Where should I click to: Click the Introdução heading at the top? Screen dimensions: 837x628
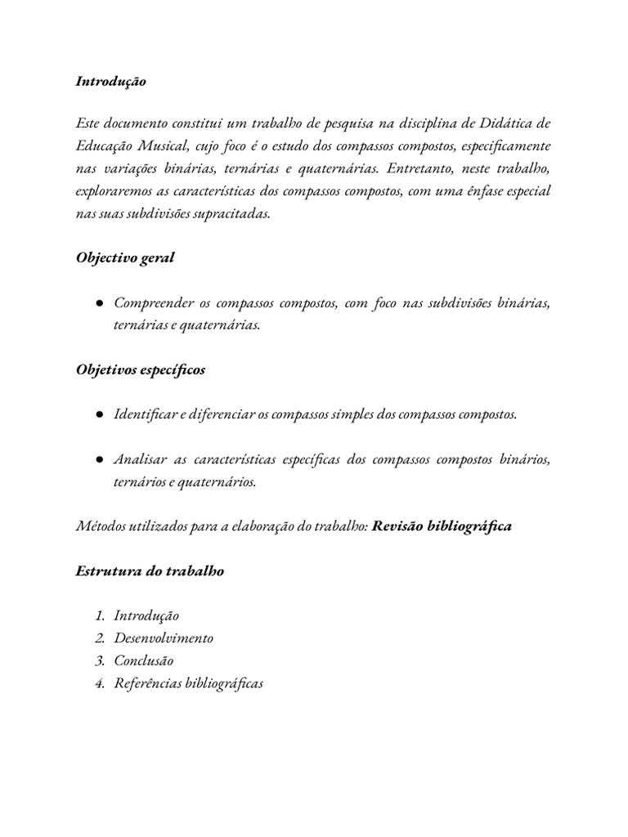[110, 82]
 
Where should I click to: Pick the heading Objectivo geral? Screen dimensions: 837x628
[125, 258]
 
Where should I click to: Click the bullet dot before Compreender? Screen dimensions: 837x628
[98, 303]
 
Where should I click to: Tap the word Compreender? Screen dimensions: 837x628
[152, 303]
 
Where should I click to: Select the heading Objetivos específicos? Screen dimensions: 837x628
[141, 370]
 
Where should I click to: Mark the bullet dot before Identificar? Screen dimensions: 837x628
[98, 414]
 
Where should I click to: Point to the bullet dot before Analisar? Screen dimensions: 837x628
[98, 459]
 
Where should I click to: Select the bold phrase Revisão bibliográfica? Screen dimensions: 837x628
[442, 526]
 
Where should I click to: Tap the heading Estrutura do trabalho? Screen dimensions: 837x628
[150, 571]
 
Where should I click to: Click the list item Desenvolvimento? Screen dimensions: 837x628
[164, 638]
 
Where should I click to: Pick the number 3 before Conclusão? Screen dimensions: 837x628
[100, 660]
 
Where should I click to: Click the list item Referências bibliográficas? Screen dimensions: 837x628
[189, 683]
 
